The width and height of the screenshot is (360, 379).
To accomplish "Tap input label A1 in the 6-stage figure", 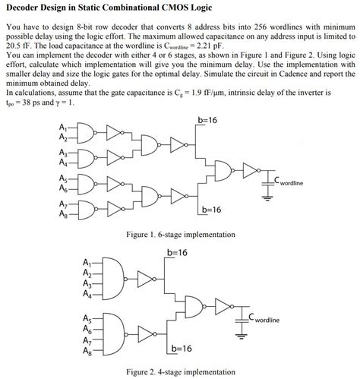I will [x=62, y=126].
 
